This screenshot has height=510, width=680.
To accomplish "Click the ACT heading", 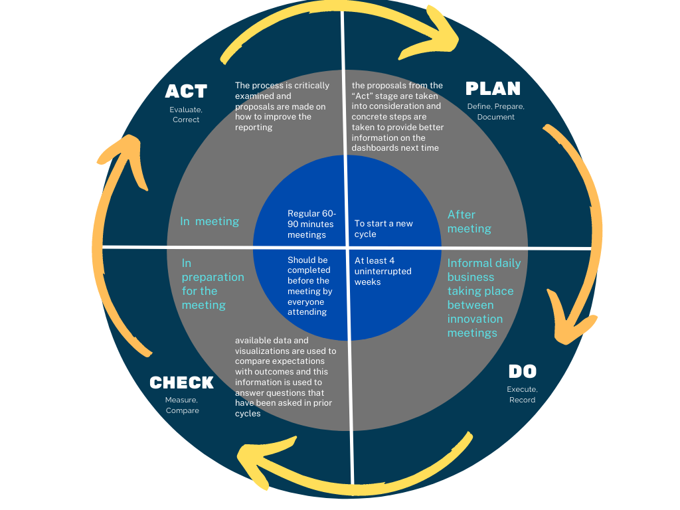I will [x=186, y=91].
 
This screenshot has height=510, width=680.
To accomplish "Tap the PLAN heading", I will [x=493, y=88].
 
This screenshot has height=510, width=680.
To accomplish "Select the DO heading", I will [x=522, y=372].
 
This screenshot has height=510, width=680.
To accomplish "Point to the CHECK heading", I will [x=181, y=382].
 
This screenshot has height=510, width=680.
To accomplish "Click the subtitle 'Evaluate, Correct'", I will [x=186, y=114].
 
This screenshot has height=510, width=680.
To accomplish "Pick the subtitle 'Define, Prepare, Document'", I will [x=495, y=112].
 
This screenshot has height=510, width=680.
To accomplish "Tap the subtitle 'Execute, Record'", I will [x=522, y=394].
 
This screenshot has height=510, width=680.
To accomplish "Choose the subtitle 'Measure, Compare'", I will [x=182, y=405].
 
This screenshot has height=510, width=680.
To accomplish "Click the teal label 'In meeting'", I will [x=209, y=221].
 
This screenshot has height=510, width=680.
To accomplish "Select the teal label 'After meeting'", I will [x=469, y=221].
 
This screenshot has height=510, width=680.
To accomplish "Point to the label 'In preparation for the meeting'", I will [x=212, y=284].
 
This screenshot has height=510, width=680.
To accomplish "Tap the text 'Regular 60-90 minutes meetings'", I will [x=311, y=224].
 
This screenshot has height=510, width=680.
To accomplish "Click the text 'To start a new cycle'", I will [x=383, y=228].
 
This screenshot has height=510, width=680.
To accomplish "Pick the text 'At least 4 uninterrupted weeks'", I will [x=382, y=271].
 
